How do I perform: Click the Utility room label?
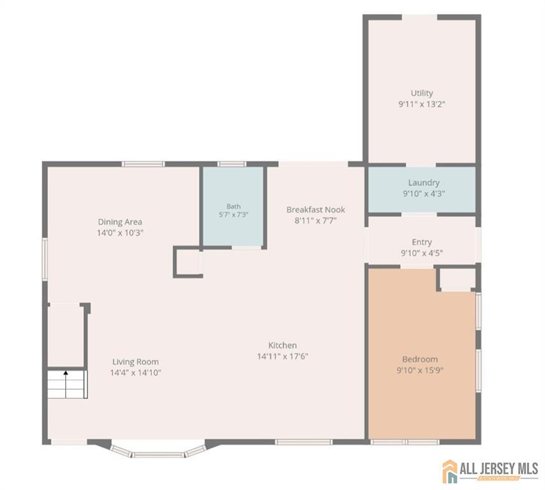[x=422, y=93]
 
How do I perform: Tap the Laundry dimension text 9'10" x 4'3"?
[x=424, y=193]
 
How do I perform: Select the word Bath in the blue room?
[x=234, y=207]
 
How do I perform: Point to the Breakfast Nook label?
[x=316, y=209]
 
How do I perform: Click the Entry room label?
[x=422, y=242]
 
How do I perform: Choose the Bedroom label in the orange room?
[x=420, y=359]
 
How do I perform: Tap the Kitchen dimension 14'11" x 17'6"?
[x=283, y=356]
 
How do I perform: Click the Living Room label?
[x=135, y=362]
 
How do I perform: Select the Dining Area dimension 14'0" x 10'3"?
[x=120, y=232]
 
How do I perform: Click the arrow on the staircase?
[x=66, y=384]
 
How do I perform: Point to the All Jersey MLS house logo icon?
[x=450, y=471]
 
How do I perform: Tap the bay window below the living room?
[x=158, y=450]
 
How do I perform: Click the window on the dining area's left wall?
[x=45, y=258]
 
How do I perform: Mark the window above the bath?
[x=232, y=164]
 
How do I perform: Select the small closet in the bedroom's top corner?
[x=457, y=279]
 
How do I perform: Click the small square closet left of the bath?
[x=188, y=262]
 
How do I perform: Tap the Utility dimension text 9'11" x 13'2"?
[x=422, y=104]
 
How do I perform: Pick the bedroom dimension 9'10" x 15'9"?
[x=420, y=370]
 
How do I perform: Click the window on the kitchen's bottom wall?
[x=304, y=442]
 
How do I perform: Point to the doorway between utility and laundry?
[x=421, y=165]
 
